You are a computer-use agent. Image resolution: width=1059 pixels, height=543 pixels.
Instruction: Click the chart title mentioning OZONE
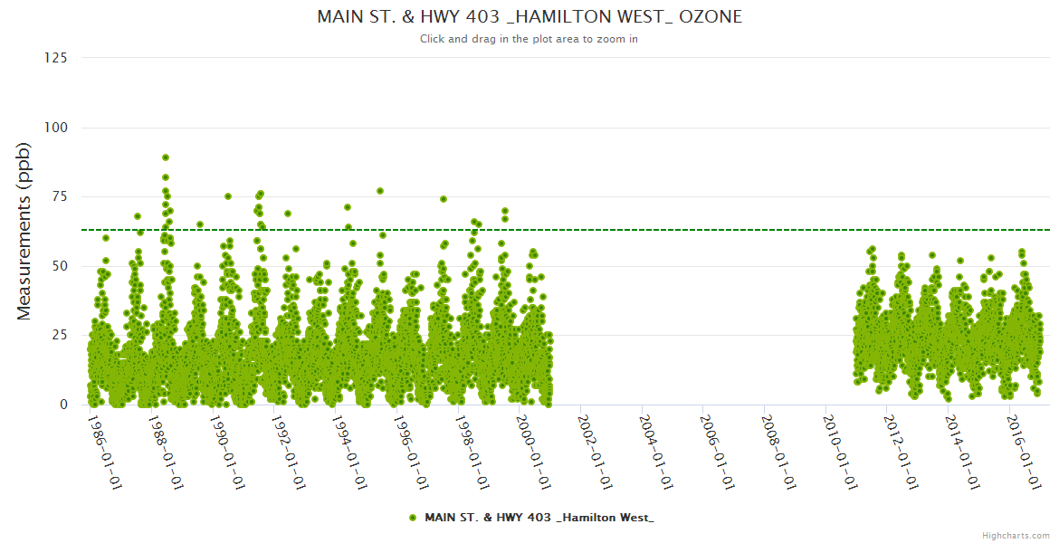point(529,16)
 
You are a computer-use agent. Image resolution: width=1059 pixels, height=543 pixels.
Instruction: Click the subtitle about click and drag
point(529,39)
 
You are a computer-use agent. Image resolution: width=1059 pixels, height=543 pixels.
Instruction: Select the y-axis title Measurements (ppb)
point(24,231)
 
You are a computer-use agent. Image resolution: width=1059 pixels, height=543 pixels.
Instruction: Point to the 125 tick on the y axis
point(55,58)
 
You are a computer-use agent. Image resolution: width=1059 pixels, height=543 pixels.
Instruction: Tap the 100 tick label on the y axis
point(55,128)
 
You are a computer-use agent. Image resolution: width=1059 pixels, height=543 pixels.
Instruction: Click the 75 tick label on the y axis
point(59,196)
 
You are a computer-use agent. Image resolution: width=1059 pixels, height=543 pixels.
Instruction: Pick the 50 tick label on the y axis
point(59,266)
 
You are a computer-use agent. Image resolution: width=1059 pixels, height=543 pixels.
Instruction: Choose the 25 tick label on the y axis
point(59,336)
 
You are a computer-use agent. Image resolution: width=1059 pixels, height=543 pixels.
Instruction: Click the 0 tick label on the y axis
point(62,405)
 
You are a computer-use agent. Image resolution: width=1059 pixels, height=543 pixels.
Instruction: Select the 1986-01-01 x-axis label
point(104,452)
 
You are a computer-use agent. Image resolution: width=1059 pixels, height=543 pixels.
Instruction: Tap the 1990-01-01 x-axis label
point(226,452)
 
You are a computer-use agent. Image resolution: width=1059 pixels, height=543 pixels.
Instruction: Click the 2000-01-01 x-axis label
point(532,452)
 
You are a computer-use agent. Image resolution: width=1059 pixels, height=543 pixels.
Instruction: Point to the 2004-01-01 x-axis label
point(654,452)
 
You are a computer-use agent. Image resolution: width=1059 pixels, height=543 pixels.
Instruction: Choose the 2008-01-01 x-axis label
point(777,452)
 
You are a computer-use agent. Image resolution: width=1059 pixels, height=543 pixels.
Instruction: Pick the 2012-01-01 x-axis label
point(900,452)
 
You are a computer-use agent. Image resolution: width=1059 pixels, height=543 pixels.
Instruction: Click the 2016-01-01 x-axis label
point(1022,452)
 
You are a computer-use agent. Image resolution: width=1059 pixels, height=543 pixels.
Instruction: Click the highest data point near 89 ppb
point(166,157)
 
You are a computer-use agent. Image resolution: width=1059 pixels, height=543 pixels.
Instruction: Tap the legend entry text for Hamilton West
point(539,517)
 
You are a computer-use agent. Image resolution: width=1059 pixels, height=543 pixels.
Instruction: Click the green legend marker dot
point(413,517)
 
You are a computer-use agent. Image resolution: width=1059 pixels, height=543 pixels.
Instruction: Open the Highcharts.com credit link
point(1016,535)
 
